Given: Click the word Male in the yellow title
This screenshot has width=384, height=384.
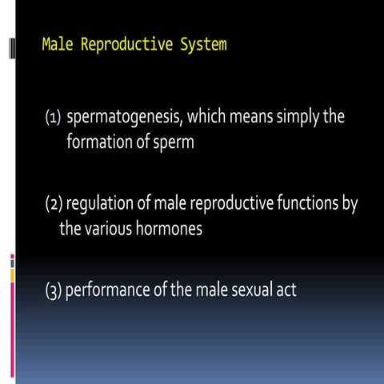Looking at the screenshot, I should pos(56,44).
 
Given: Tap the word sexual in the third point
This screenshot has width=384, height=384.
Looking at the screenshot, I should pos(246,289).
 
